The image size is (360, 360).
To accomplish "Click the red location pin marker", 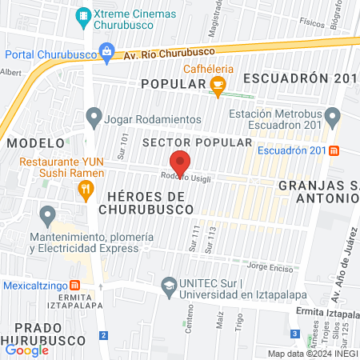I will pyautogui.click(x=181, y=162).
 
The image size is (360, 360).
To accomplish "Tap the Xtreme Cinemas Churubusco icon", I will pyautogui.click(x=83, y=15).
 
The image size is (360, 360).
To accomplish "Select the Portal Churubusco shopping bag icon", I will pyautogui.click(x=106, y=54).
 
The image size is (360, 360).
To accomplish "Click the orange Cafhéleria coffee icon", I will pyautogui.click(x=218, y=85).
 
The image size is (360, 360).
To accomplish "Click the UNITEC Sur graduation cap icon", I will pyautogui.click(x=169, y=285).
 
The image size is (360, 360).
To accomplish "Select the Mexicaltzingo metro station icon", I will pyautogui.click(x=74, y=284).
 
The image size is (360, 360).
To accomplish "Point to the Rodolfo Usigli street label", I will pyautogui.click(x=185, y=178).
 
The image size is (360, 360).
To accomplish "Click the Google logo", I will pyautogui.click(x=26, y=350).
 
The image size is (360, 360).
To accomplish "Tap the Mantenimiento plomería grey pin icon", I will pyautogui.click(x=48, y=214).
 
